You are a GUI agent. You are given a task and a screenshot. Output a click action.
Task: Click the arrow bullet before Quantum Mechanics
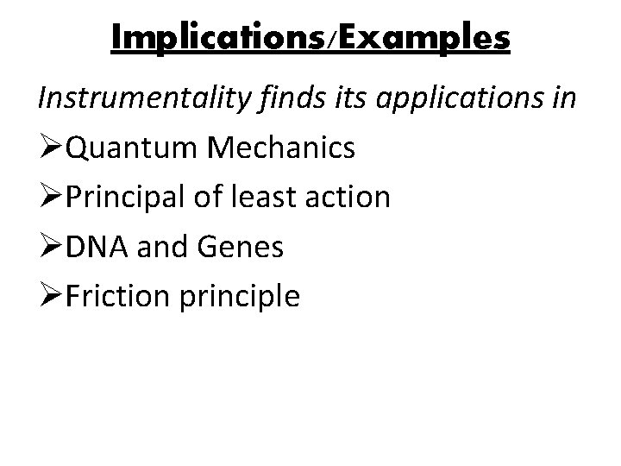[49, 148]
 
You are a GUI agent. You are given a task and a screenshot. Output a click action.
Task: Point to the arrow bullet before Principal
[49, 198]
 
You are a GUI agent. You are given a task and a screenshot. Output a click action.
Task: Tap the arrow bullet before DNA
[49, 248]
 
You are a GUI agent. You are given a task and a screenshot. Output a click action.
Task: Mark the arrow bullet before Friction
[49, 297]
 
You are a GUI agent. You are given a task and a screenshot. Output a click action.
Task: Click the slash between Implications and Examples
[321, 39]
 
